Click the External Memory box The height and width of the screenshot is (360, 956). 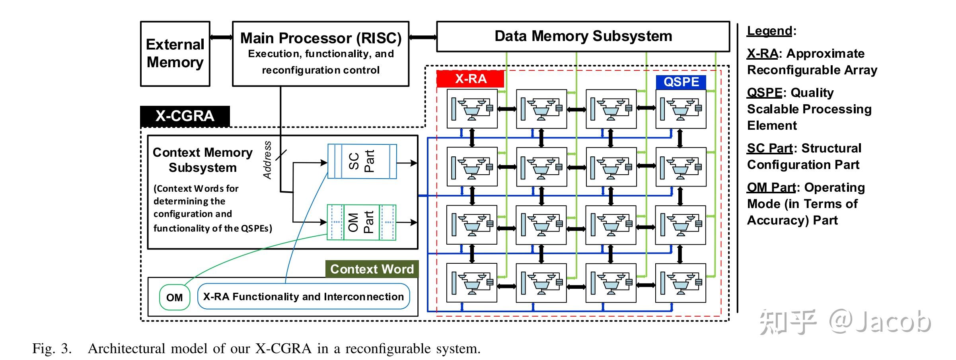click(x=175, y=54)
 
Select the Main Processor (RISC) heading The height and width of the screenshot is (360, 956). click(x=321, y=38)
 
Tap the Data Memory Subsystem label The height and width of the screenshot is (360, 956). click(x=583, y=36)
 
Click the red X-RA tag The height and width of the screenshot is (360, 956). click(x=470, y=79)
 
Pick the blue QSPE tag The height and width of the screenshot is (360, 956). click(x=681, y=82)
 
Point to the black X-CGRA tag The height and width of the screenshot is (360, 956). click(x=185, y=116)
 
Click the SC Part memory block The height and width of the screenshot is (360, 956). click(x=362, y=161)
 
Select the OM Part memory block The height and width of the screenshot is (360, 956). click(x=361, y=222)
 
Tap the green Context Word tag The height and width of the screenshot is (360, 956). click(x=372, y=269)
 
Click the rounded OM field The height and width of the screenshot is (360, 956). click(x=175, y=298)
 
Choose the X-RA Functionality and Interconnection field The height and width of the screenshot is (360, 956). click(x=303, y=297)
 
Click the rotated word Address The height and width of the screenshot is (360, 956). click(x=267, y=160)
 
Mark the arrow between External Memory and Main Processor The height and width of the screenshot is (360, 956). click(x=221, y=37)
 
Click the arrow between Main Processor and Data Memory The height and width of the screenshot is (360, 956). click(x=423, y=37)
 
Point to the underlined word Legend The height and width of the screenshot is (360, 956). click(x=769, y=31)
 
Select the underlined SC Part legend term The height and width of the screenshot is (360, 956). click(x=769, y=148)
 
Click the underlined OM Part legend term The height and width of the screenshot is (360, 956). click(x=771, y=187)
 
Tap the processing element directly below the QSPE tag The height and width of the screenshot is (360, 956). click(x=681, y=109)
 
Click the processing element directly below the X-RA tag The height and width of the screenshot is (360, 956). click(x=472, y=109)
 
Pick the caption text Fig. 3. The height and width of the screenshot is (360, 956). click(x=52, y=349)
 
